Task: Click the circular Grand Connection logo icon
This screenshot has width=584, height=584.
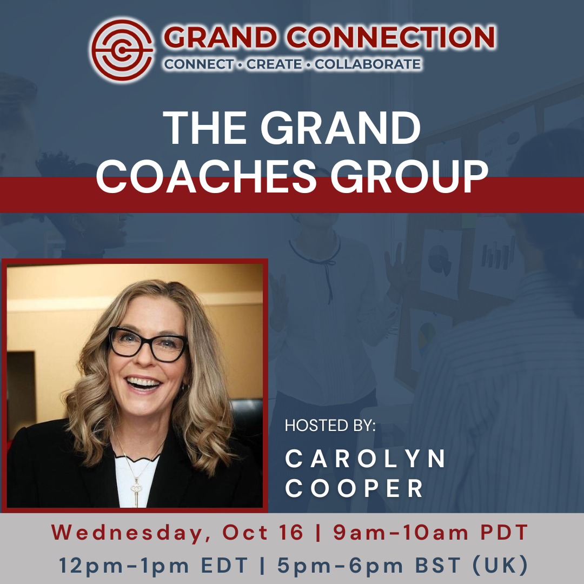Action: pos(122,50)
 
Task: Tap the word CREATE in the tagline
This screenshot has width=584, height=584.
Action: pos(274,64)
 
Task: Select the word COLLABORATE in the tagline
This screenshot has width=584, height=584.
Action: pos(368,64)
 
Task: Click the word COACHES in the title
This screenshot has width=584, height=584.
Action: pos(206,176)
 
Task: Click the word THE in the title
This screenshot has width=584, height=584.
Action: pos(204,128)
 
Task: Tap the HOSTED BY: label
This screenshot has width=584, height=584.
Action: pos(330,426)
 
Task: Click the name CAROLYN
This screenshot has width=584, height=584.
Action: pos(365,459)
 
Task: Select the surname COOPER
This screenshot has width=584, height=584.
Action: pos(354,488)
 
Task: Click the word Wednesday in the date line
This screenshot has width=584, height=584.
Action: pos(128,533)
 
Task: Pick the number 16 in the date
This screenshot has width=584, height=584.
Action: pos(291,532)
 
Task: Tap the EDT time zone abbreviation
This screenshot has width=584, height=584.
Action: pos(224,566)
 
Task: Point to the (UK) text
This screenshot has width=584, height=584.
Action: pos(500,566)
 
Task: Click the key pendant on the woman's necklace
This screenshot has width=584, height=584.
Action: pos(136,491)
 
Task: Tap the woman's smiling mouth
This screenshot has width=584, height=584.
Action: pos(143,383)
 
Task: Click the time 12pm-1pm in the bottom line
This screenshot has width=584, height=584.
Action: pos(124,566)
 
